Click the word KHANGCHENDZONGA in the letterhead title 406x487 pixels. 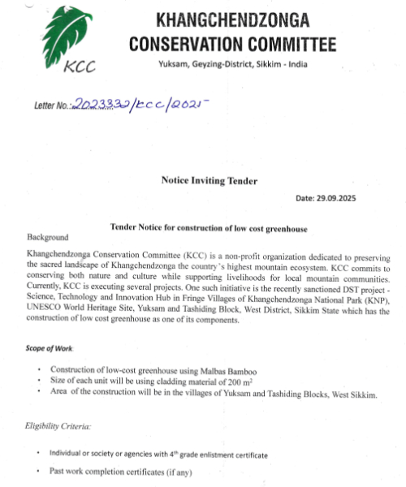[231, 19]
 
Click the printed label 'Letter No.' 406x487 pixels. [51, 106]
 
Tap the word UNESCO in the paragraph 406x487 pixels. [47, 310]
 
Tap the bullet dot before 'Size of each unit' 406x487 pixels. [40, 382]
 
